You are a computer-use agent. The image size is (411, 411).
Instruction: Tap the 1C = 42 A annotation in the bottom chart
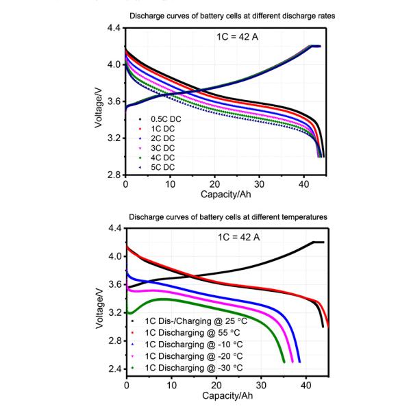pos(234,238)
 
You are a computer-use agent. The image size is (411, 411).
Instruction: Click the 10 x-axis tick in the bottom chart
pos(171,386)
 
